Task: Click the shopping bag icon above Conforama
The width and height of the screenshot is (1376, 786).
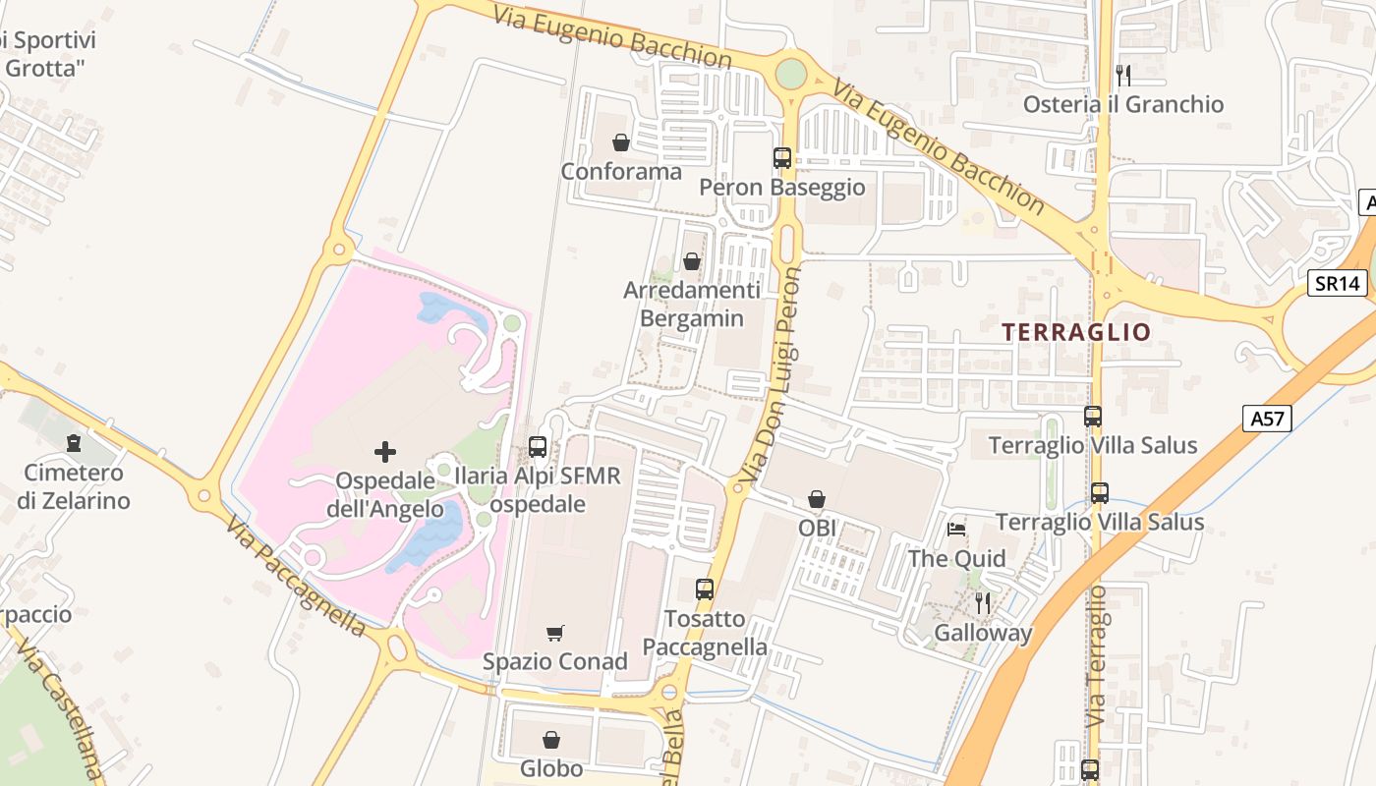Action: (x=620, y=143)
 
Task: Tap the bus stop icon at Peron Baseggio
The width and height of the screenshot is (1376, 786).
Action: (x=782, y=157)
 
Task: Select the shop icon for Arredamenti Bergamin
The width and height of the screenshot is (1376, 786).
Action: (x=692, y=261)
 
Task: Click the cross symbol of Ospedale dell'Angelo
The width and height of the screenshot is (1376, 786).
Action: (x=385, y=452)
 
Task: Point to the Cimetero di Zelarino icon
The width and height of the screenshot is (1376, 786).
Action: (x=74, y=443)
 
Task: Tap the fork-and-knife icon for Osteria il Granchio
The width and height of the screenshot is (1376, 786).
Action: (x=1123, y=75)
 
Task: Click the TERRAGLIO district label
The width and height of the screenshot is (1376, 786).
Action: (x=1075, y=332)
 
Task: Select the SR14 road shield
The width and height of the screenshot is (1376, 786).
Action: (x=1339, y=284)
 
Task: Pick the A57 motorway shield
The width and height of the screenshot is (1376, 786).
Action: (x=1266, y=419)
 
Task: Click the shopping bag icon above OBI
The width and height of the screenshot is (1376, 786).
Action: (x=816, y=500)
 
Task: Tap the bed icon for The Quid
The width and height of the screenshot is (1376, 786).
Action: (x=956, y=530)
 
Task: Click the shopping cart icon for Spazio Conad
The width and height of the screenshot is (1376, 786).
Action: (x=555, y=634)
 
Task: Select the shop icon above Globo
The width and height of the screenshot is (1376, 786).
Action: (x=551, y=739)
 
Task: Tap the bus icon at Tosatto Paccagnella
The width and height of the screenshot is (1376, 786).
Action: (x=705, y=589)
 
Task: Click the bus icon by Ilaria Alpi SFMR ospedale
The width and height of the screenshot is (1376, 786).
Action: (x=538, y=447)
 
